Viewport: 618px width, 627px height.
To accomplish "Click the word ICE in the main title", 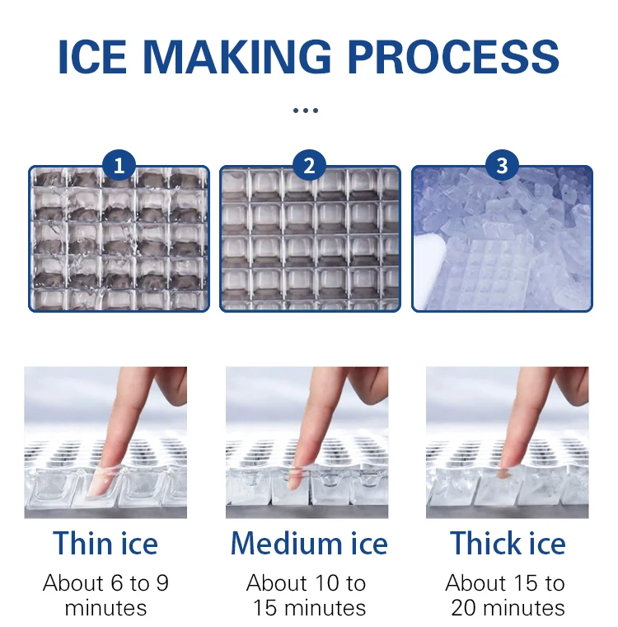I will click(x=92, y=55).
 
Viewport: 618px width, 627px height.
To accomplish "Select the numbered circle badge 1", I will click(x=119, y=166).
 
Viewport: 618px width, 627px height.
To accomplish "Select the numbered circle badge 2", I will click(x=309, y=166).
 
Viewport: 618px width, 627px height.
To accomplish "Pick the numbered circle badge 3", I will click(x=501, y=166).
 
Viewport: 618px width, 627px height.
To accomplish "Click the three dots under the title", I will click(x=306, y=110).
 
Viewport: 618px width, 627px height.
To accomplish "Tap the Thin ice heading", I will click(x=105, y=544).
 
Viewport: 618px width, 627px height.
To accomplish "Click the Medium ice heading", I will click(x=309, y=544).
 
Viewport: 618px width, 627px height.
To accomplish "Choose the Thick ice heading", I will click(x=508, y=544).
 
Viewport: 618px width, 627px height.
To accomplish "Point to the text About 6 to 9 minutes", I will click(x=105, y=596).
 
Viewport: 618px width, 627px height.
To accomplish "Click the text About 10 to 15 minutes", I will click(x=307, y=596).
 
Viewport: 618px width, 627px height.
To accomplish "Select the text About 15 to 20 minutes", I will click(x=506, y=596).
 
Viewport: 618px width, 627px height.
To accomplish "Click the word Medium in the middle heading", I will click(x=282, y=544).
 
